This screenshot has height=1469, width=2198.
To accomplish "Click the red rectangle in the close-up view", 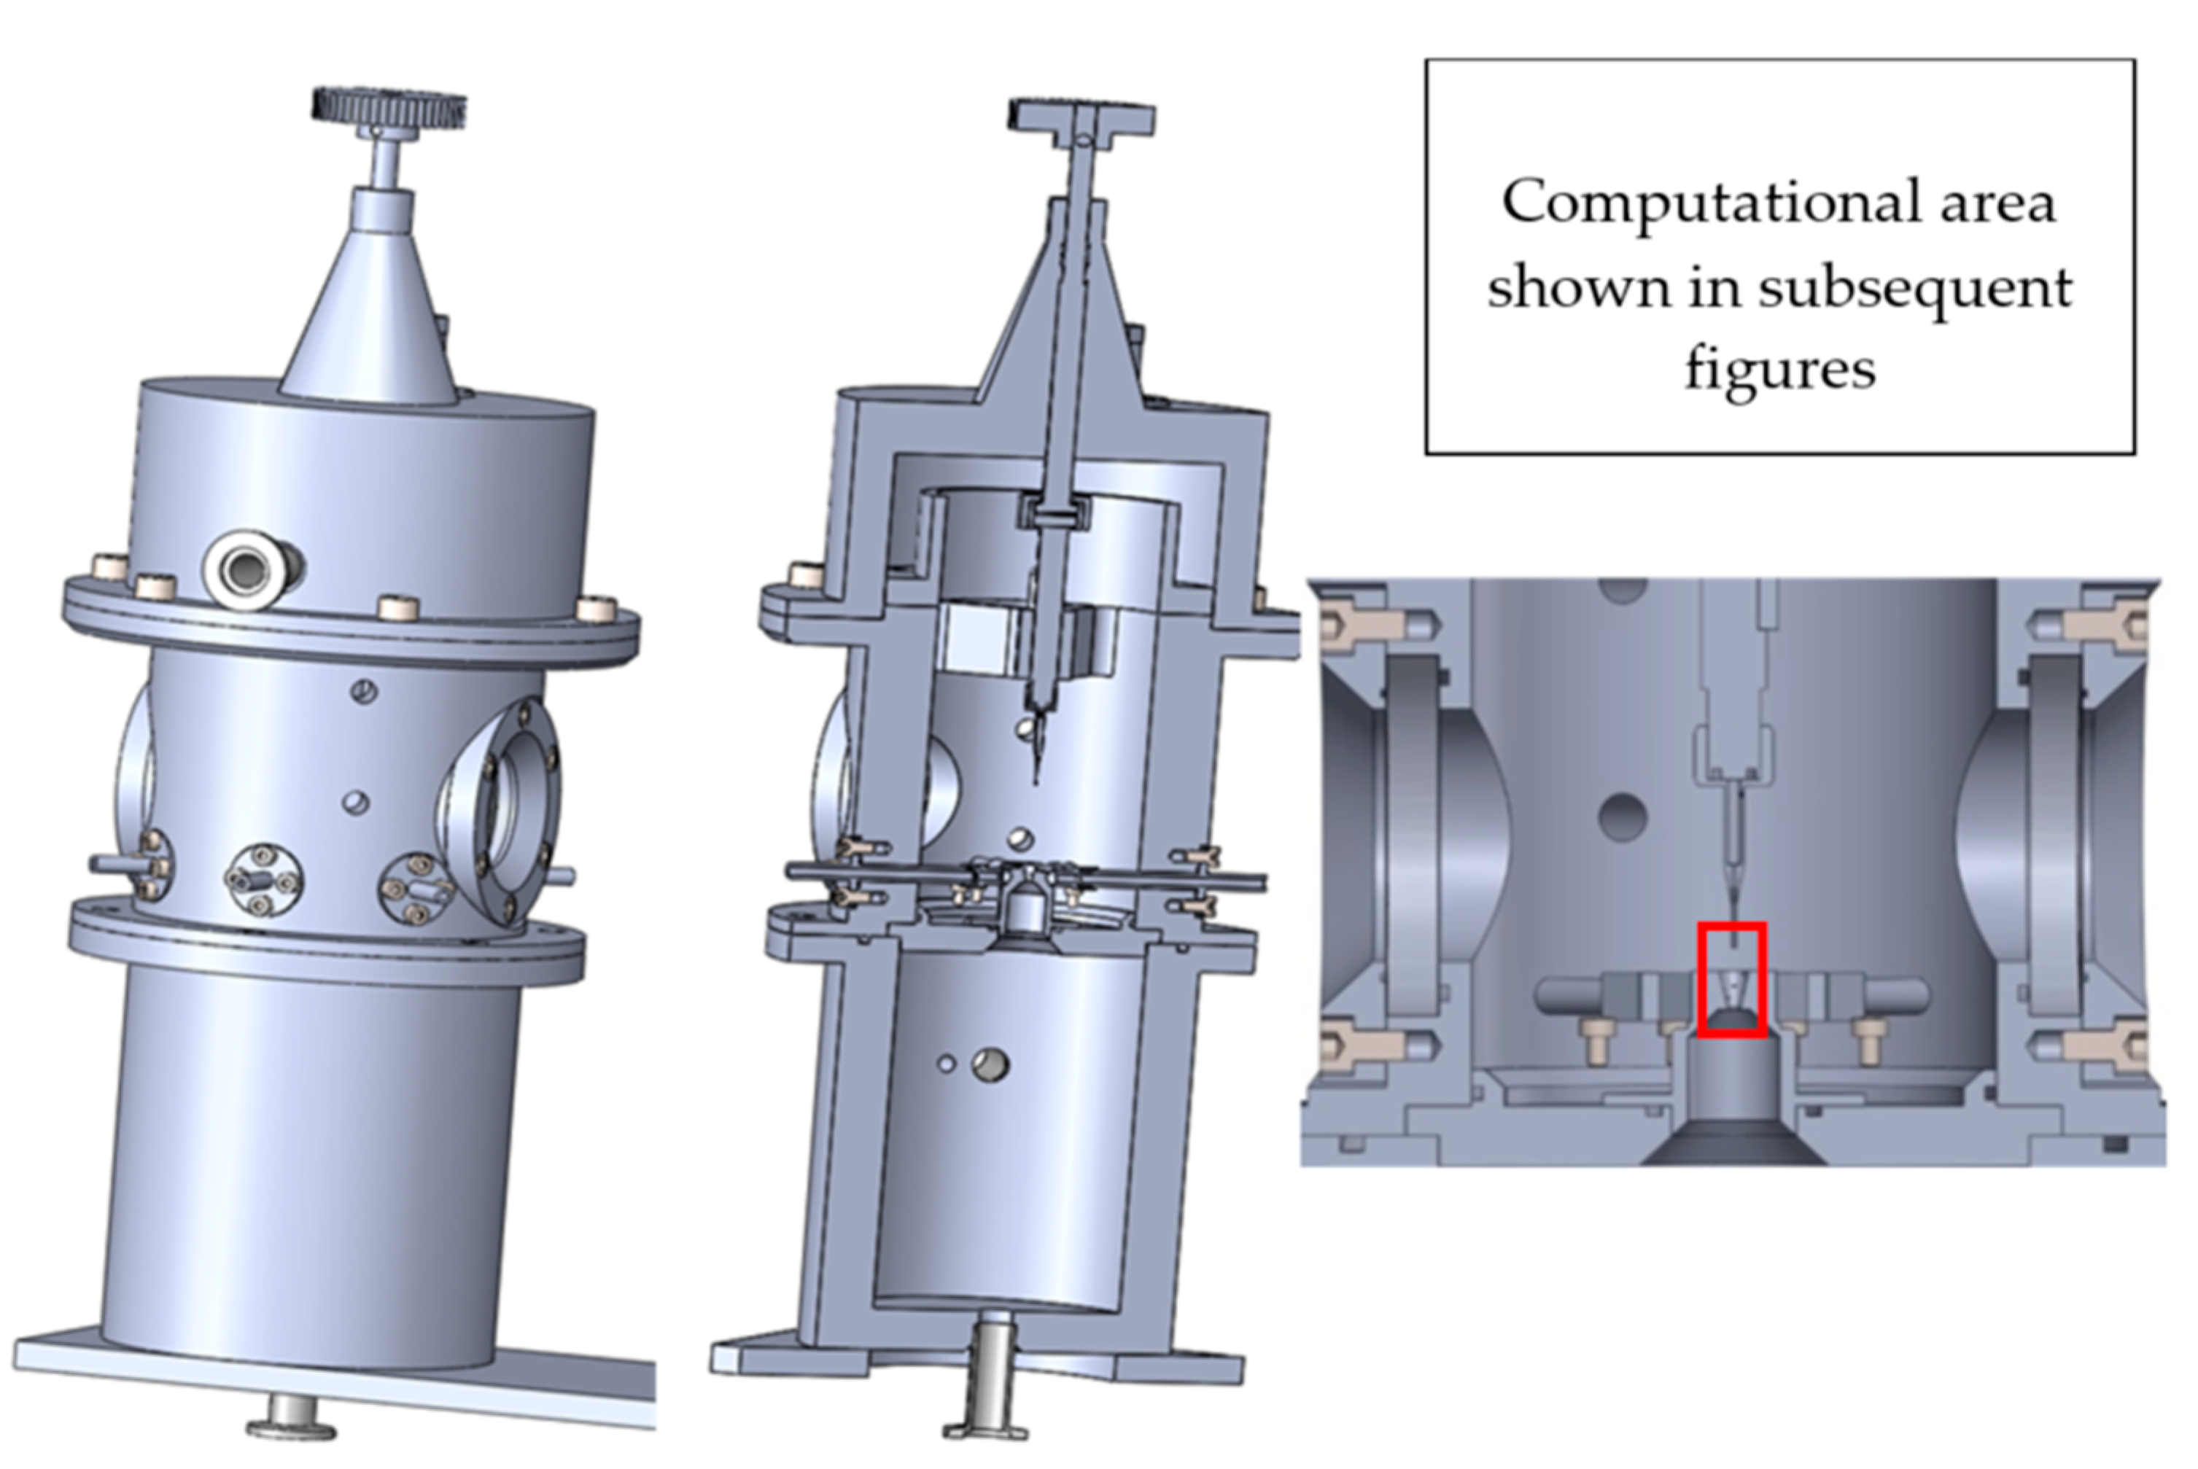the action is coord(1732,980).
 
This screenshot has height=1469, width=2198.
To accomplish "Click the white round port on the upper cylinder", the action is coord(246,569).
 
